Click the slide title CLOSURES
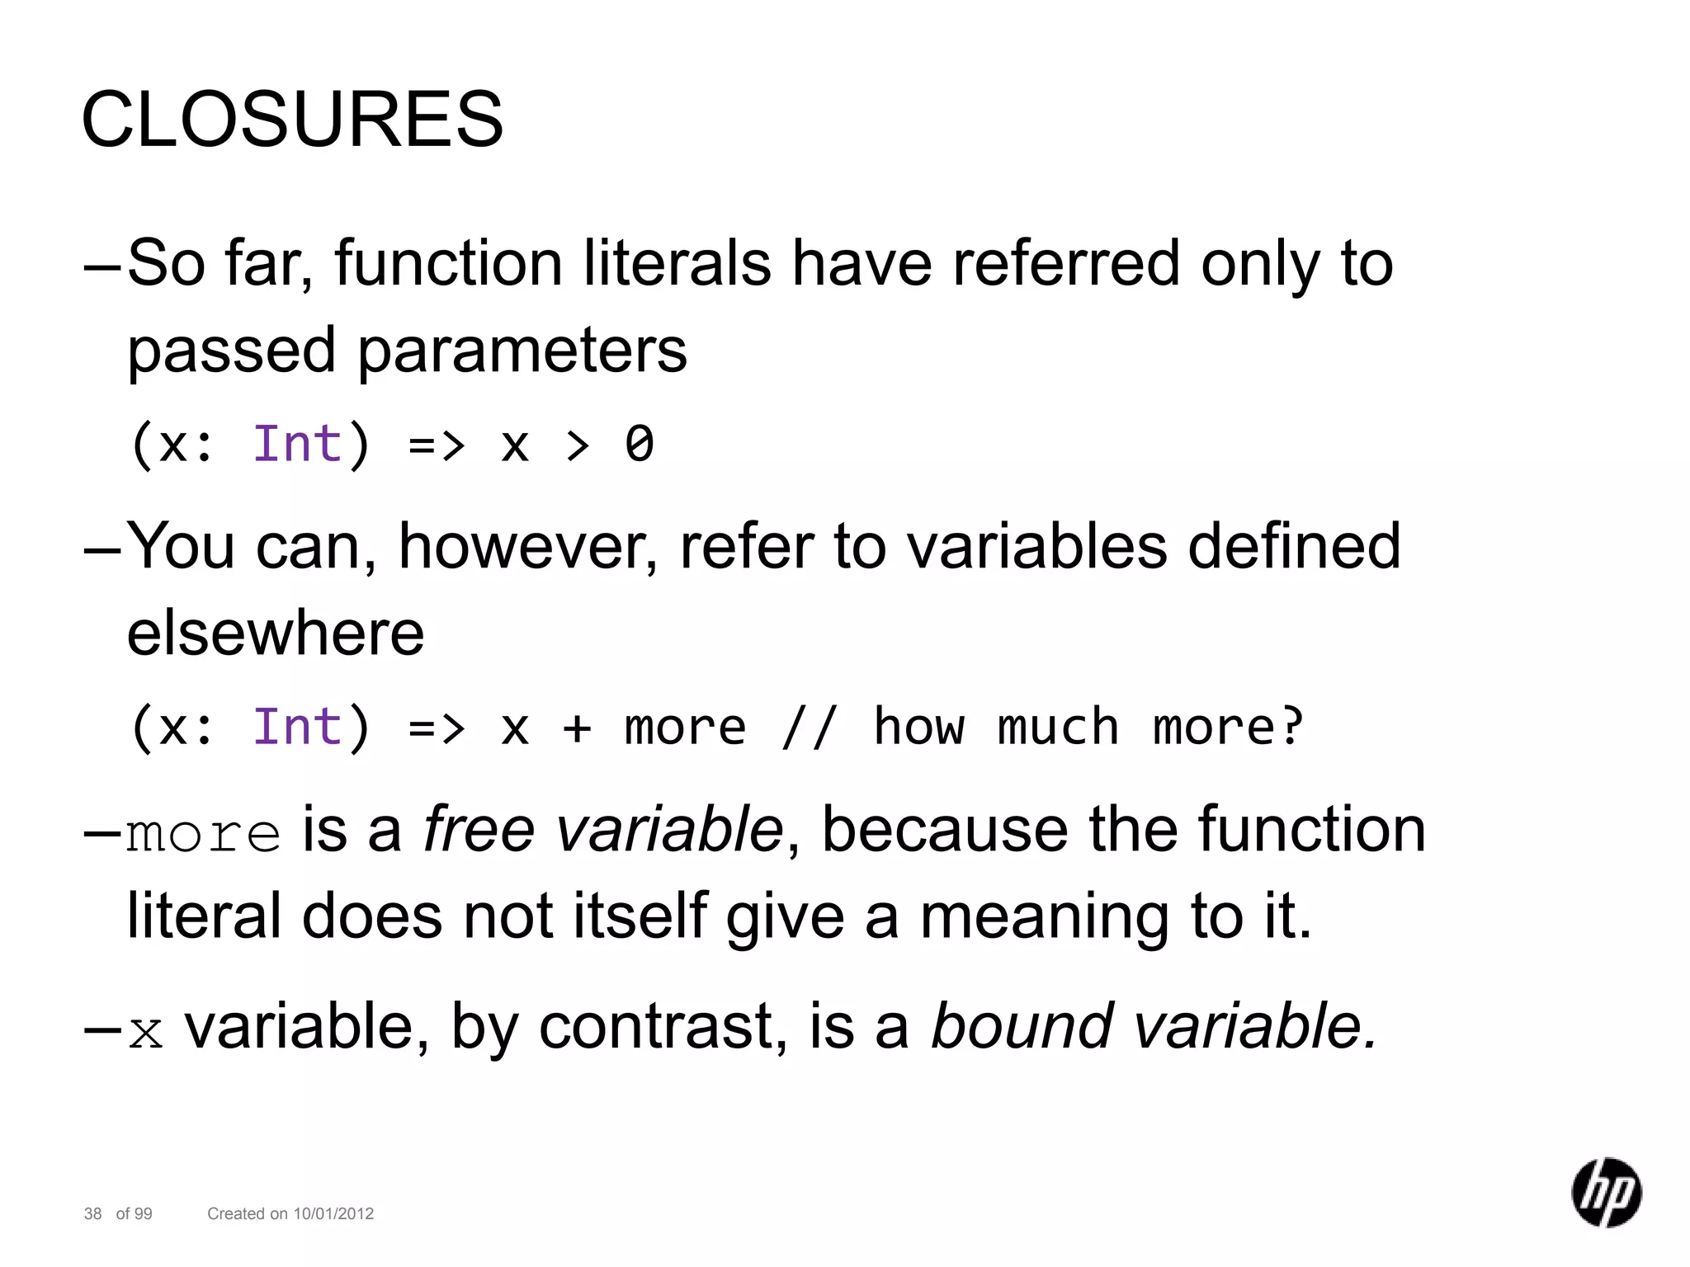coord(292,120)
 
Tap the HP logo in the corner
coord(1606,1192)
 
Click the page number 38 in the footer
coord(93,1213)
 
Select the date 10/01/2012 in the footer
coord(333,1213)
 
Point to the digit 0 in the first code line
coord(640,445)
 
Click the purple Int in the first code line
coord(297,445)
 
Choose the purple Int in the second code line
coord(297,728)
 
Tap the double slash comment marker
coord(809,728)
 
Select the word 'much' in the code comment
coord(1058,728)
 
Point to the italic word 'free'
coord(479,830)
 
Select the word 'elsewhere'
coord(276,633)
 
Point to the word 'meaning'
coord(1044,917)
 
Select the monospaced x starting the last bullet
coord(146,1032)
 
